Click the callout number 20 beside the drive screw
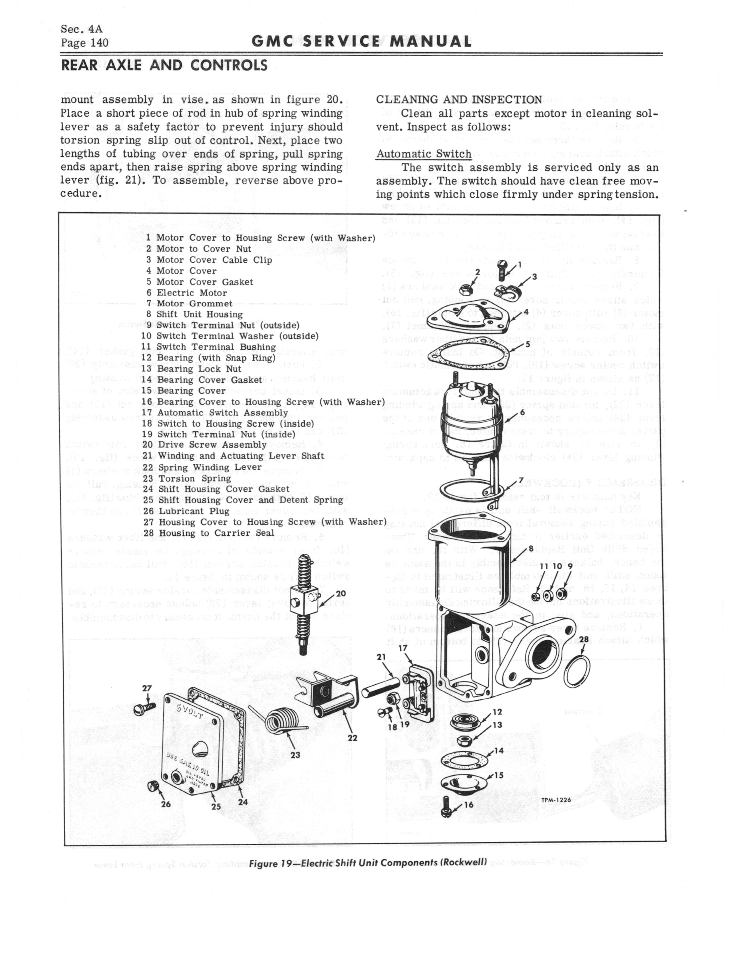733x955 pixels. click(341, 594)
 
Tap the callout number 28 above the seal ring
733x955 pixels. click(584, 639)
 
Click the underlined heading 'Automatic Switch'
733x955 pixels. click(423, 154)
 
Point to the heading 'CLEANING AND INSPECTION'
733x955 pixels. click(459, 99)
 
